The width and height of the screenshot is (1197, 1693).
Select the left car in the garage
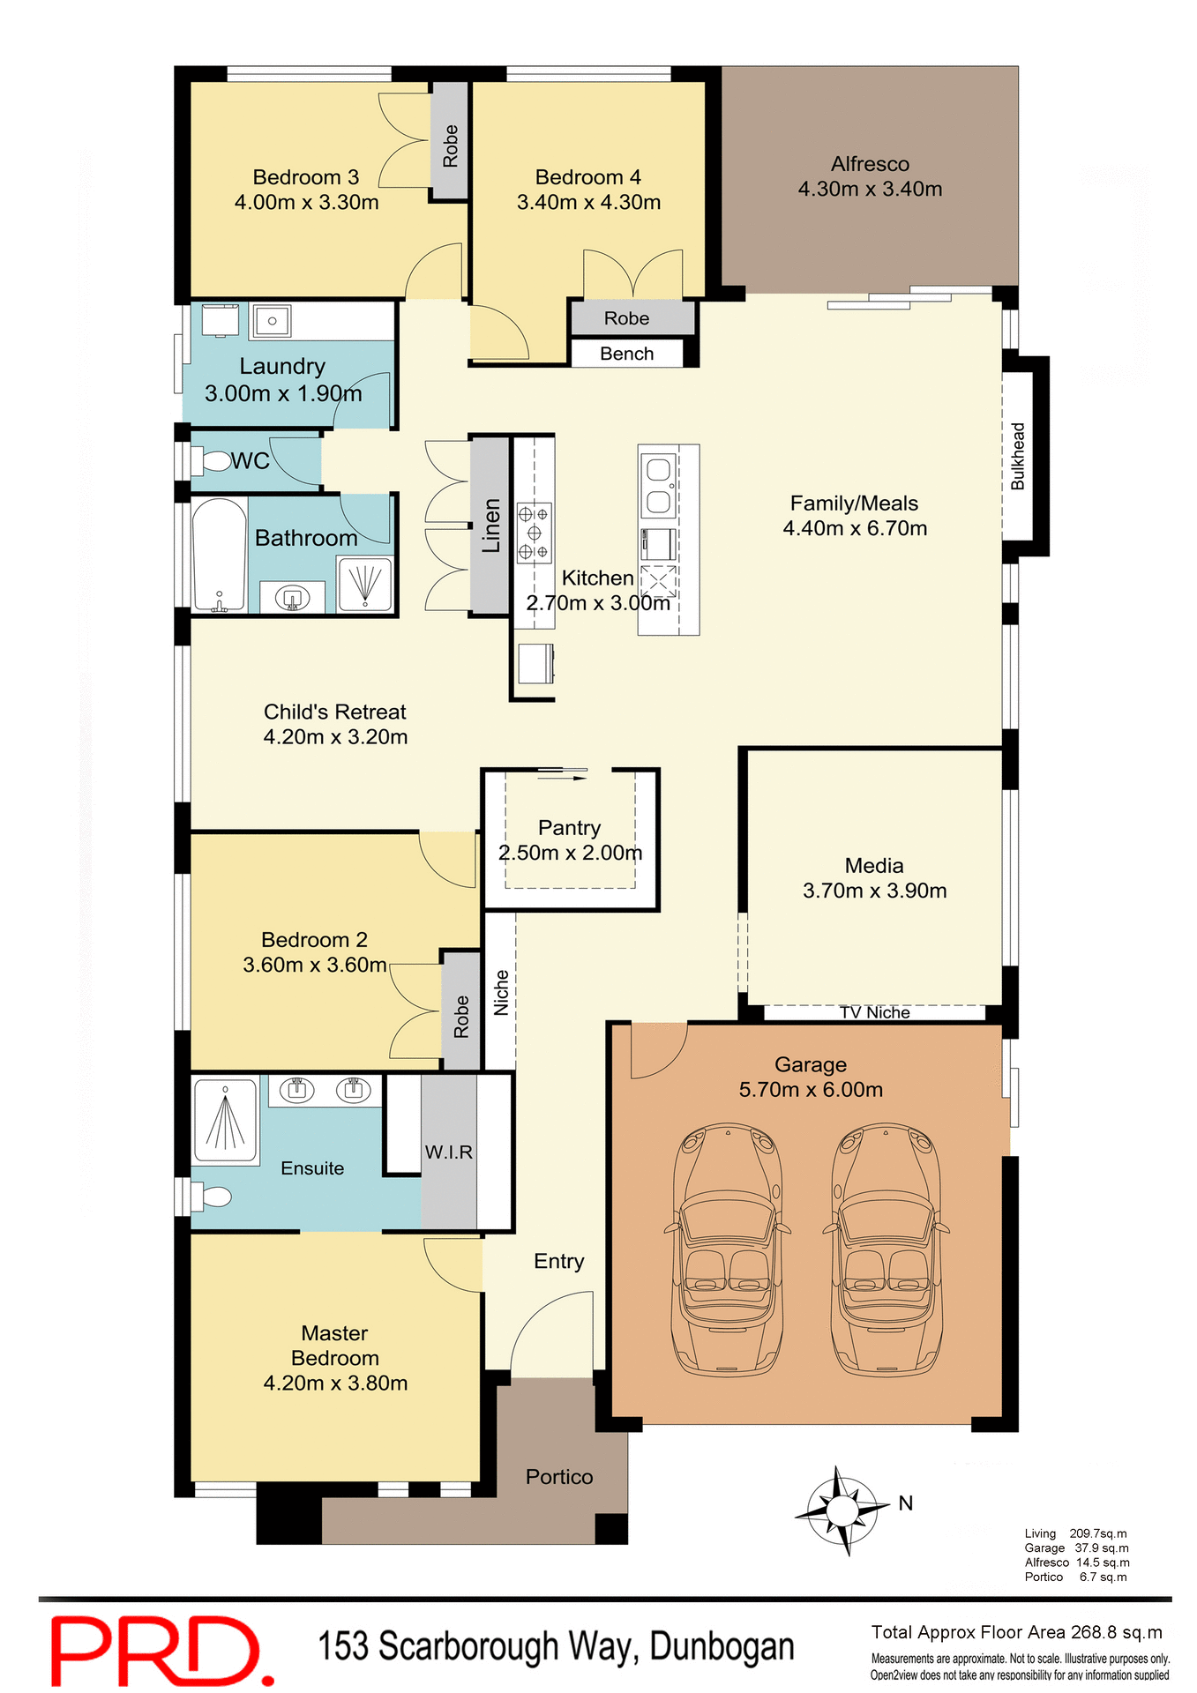point(728,1249)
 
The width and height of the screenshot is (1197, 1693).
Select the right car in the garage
point(886,1249)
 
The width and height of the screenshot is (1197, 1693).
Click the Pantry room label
point(569,828)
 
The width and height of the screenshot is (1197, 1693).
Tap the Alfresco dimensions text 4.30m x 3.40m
point(870,190)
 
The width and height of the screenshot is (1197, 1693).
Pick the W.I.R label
point(448,1152)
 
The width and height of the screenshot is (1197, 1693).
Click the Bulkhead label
point(1018,456)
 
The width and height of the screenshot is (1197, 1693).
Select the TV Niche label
point(874,1013)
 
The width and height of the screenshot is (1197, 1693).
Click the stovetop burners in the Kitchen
point(534,533)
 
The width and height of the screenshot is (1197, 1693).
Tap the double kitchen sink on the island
point(658,486)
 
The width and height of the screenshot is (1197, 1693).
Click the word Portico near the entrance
point(559,1477)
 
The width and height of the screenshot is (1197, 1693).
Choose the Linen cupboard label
point(490,526)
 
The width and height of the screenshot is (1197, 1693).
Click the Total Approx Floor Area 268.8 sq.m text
point(1016,1632)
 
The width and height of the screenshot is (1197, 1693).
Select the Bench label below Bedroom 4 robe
point(626,354)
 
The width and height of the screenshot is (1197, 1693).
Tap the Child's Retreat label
point(335,712)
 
